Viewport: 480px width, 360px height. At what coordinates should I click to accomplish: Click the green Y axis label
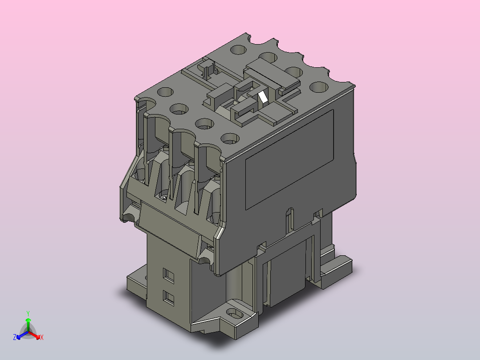click(28, 313)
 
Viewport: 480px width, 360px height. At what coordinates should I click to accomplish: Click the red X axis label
click(42, 337)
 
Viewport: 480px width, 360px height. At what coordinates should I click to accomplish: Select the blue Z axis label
click(15, 337)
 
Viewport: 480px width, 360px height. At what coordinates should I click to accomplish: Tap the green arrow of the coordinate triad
click(28, 324)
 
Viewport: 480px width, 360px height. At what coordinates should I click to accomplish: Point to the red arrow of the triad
click(34, 335)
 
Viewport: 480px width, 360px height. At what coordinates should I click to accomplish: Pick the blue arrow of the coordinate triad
click(22, 335)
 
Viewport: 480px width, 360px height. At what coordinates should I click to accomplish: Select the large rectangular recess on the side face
click(289, 160)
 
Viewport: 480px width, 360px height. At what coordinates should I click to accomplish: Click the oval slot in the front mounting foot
click(235, 313)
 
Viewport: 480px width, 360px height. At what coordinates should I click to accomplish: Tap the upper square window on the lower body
click(168, 275)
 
